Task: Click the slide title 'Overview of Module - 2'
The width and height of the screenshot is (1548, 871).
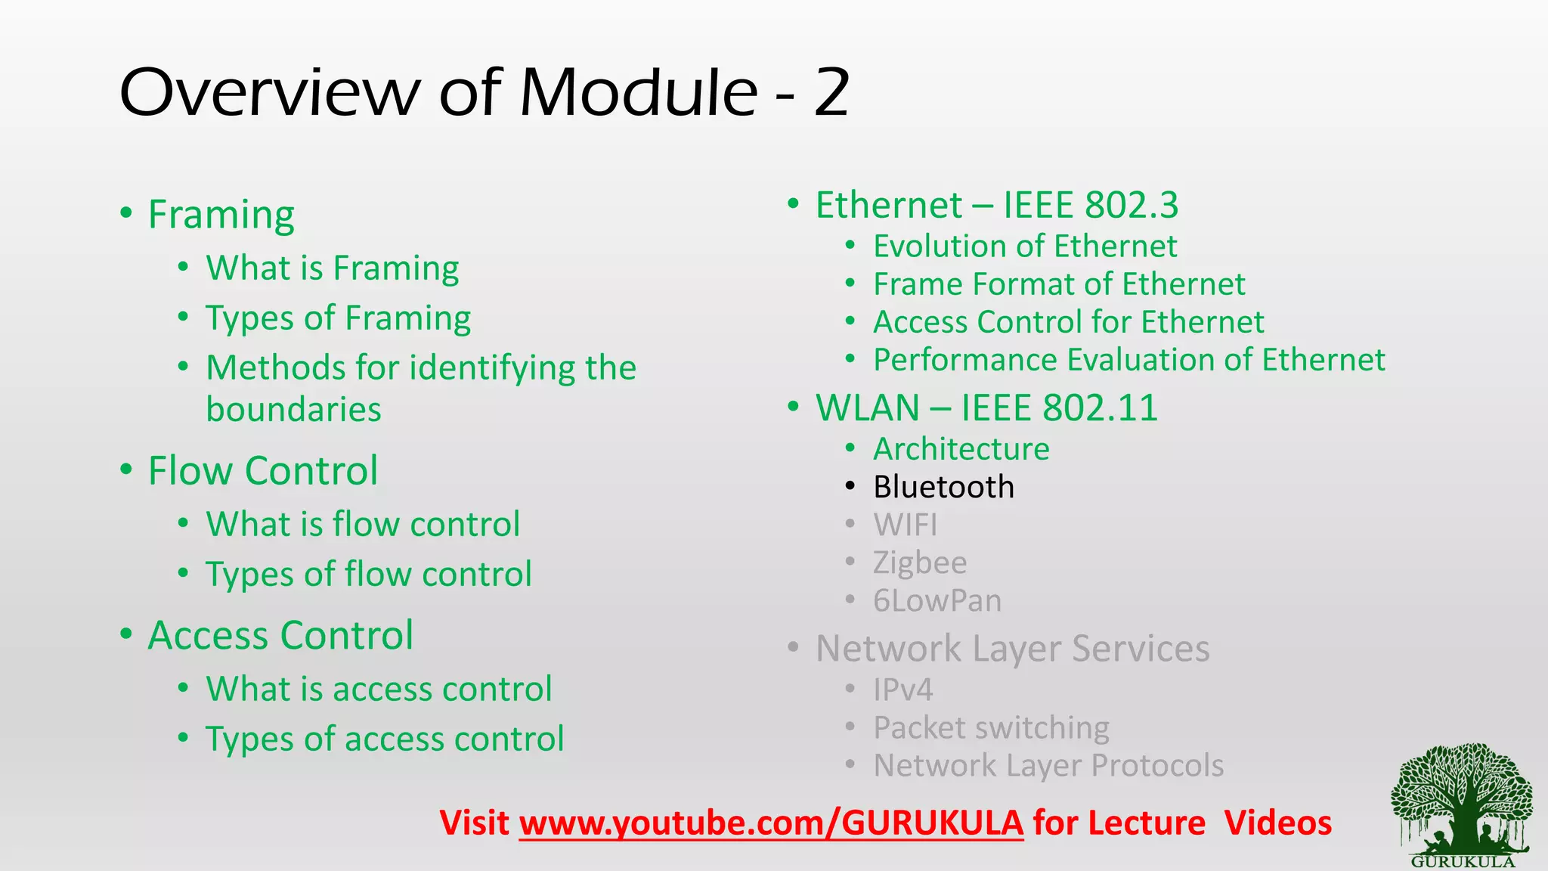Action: click(485, 92)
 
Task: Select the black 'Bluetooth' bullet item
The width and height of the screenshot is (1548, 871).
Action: click(943, 487)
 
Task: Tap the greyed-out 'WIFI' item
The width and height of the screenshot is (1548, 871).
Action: click(905, 525)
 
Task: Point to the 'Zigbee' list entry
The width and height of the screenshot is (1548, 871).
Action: click(920, 563)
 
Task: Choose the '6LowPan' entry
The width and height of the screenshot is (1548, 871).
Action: click(937, 601)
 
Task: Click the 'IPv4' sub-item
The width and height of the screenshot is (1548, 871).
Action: click(902, 690)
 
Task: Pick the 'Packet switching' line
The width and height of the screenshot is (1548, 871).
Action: click(991, 727)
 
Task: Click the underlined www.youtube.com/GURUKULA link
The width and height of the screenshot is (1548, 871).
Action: click(771, 823)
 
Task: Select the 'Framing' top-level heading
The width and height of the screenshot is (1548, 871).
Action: click(221, 215)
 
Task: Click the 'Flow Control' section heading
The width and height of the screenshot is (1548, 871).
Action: click(262, 471)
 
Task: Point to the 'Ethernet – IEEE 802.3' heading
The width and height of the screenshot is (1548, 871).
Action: click(996, 205)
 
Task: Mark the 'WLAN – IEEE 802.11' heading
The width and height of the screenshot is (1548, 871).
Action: click(986, 408)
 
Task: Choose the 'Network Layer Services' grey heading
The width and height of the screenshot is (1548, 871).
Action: click(1012, 649)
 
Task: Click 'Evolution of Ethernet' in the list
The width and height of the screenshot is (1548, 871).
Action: click(1025, 246)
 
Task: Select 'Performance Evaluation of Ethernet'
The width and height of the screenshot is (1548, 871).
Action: click(1129, 360)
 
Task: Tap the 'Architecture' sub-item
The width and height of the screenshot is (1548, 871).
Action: click(961, 449)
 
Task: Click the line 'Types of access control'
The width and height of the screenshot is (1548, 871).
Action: click(385, 739)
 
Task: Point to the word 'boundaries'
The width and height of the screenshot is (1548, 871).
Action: click(293, 410)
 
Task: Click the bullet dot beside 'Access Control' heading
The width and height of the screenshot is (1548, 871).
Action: click(126, 634)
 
